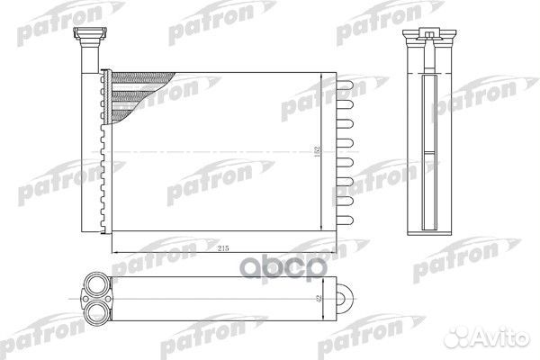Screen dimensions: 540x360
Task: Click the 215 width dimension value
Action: (x=223, y=248)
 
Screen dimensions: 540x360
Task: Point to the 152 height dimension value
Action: (x=317, y=151)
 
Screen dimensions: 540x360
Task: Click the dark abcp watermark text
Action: (x=283, y=267)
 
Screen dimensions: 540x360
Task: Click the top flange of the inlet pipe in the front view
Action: (x=91, y=32)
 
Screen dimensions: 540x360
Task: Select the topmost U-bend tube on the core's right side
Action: (x=345, y=85)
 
